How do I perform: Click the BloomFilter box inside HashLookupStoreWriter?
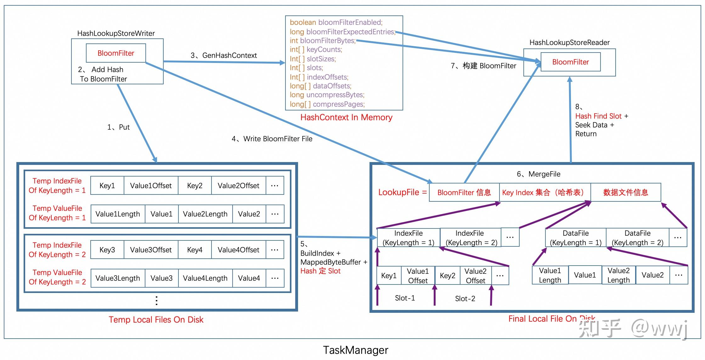click(x=116, y=53)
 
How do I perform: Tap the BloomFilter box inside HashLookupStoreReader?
click(x=570, y=62)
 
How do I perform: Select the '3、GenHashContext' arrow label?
click(x=224, y=56)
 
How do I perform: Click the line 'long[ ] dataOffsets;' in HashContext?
click(x=320, y=86)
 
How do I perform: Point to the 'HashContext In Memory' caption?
click(x=346, y=117)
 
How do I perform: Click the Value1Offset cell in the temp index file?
click(x=151, y=186)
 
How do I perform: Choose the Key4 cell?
click(x=195, y=250)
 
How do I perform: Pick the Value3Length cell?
click(x=118, y=278)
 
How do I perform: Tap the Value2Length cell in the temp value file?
click(x=205, y=214)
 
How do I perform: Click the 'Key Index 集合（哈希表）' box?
click(x=544, y=193)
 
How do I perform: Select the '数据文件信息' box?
click(x=625, y=193)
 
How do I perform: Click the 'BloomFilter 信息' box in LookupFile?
click(x=464, y=193)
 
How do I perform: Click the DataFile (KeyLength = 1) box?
click(x=576, y=238)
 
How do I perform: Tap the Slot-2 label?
click(x=465, y=299)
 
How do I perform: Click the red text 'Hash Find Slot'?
click(x=598, y=116)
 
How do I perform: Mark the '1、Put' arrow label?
click(x=118, y=127)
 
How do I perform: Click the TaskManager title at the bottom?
click(x=356, y=350)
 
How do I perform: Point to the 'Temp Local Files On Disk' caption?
click(x=156, y=320)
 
